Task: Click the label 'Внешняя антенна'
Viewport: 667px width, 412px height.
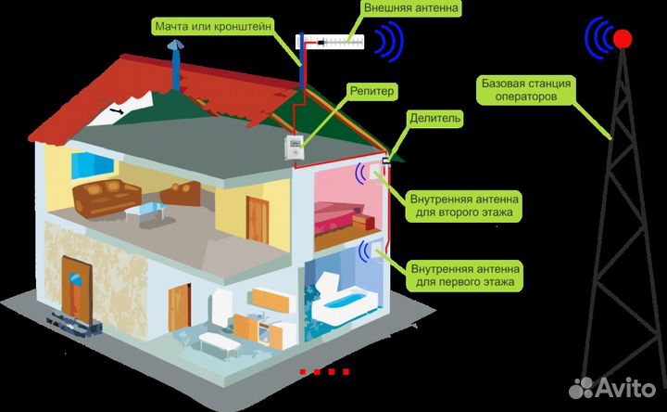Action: click(x=411, y=8)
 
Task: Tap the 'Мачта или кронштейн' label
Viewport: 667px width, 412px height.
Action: click(x=213, y=26)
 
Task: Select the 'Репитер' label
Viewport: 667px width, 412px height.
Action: click(x=371, y=91)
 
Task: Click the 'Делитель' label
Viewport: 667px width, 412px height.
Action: click(x=434, y=118)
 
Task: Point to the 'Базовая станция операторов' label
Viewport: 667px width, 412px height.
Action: click(x=526, y=90)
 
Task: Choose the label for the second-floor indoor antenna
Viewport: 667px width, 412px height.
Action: click(x=464, y=206)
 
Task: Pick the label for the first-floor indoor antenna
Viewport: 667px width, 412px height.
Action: click(x=464, y=276)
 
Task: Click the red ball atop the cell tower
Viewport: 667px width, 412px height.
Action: click(x=623, y=39)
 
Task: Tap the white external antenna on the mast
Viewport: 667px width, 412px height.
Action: click(x=331, y=42)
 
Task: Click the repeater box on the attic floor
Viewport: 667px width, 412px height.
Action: click(x=294, y=147)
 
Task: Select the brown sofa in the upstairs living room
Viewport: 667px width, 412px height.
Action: click(x=107, y=198)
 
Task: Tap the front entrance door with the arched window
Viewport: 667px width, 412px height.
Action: click(x=77, y=290)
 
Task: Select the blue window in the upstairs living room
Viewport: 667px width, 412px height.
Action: click(x=92, y=165)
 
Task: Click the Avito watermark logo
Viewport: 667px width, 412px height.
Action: click(x=612, y=387)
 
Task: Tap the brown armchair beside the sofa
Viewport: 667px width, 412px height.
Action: click(x=182, y=194)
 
